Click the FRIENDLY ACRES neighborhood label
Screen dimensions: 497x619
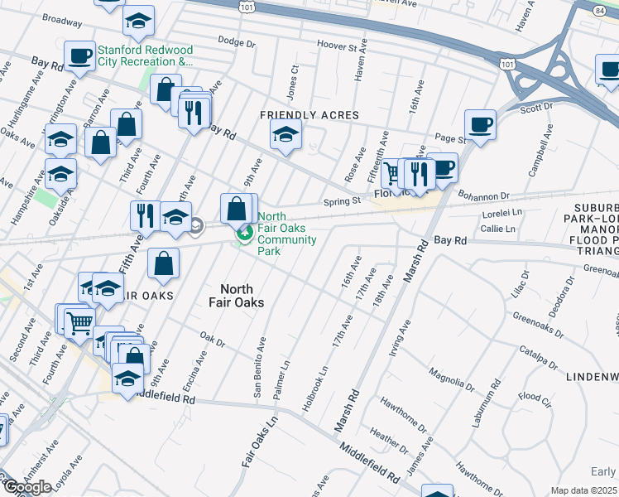point(309,115)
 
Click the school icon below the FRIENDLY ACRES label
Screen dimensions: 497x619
point(286,136)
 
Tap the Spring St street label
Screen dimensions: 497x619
point(342,200)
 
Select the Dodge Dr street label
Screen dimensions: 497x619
point(238,41)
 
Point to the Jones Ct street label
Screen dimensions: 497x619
point(291,80)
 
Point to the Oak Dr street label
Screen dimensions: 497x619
point(213,340)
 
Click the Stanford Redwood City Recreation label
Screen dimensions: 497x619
point(145,55)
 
